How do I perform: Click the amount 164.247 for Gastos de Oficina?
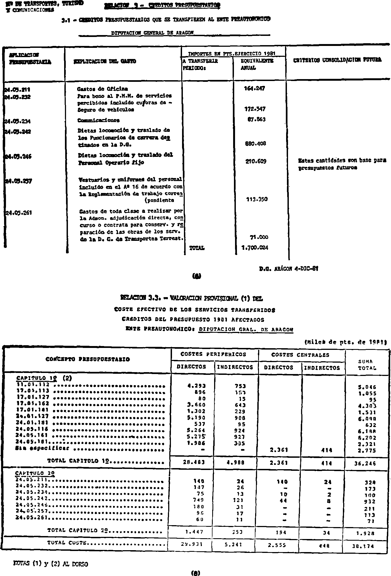click(x=255, y=88)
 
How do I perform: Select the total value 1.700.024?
click(x=255, y=248)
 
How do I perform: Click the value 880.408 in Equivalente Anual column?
click(x=255, y=144)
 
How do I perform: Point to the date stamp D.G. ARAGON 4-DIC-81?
click(x=289, y=269)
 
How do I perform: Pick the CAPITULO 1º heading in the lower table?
click(x=35, y=378)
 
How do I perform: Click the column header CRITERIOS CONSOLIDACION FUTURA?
click(x=337, y=60)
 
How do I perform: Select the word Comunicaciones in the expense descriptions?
click(x=98, y=120)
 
